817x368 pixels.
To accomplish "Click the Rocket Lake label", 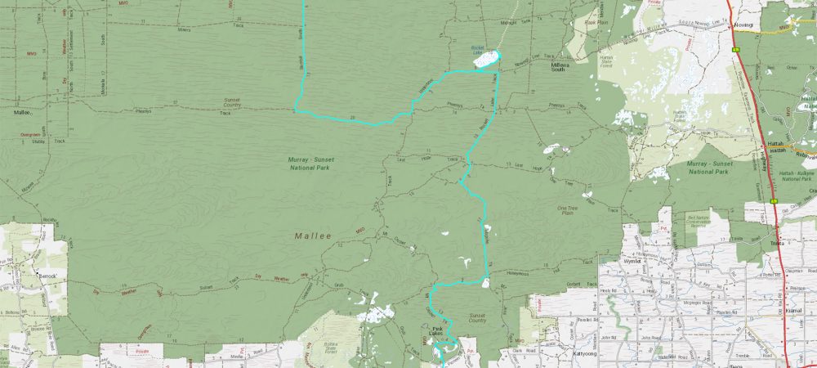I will click(x=480, y=48).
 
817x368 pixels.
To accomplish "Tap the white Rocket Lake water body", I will click(x=485, y=59).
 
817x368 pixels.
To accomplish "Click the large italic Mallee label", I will click(x=314, y=236).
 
